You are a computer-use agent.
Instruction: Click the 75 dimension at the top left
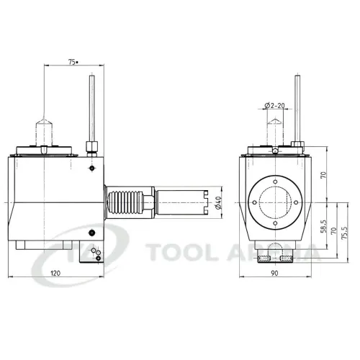[72, 63]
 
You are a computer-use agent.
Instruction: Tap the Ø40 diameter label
[217, 204]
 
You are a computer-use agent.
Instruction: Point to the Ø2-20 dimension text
[275, 105]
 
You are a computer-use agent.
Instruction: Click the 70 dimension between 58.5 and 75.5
[333, 232]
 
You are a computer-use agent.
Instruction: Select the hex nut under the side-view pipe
[91, 149]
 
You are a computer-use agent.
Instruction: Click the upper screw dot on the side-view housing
[91, 168]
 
